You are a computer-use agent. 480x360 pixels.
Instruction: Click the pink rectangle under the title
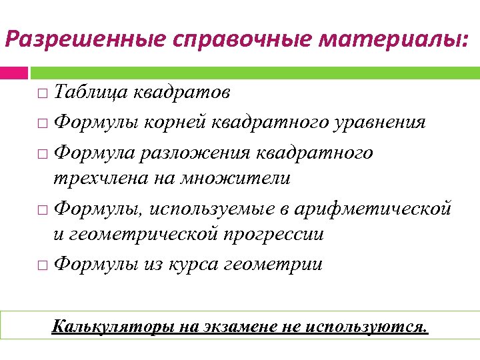[14, 73]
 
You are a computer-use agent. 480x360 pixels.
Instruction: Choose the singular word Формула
[93, 153]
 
